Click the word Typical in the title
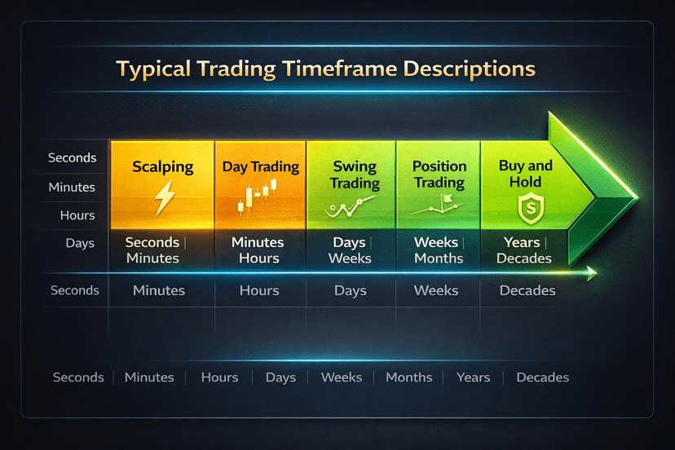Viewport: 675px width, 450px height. [x=153, y=69]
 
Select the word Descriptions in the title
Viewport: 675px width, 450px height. [x=470, y=69]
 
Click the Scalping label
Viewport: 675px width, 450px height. [x=163, y=167]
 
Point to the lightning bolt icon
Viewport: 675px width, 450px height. [x=165, y=197]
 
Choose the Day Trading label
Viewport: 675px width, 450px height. [x=260, y=166]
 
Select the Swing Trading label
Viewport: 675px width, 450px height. [x=355, y=174]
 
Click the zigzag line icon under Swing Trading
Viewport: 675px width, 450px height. [x=350, y=207]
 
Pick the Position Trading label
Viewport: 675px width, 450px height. [x=439, y=174]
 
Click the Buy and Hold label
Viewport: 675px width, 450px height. [x=526, y=174]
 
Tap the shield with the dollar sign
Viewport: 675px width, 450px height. [x=532, y=209]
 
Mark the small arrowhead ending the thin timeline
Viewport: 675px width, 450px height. [x=592, y=272]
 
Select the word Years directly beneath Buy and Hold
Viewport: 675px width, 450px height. [x=522, y=242]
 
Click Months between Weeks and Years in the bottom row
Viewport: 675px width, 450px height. [x=409, y=377]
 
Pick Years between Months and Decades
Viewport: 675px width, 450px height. [x=474, y=377]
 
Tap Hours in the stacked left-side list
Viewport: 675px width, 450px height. [x=77, y=215]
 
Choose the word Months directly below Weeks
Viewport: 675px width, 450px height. [x=439, y=258]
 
